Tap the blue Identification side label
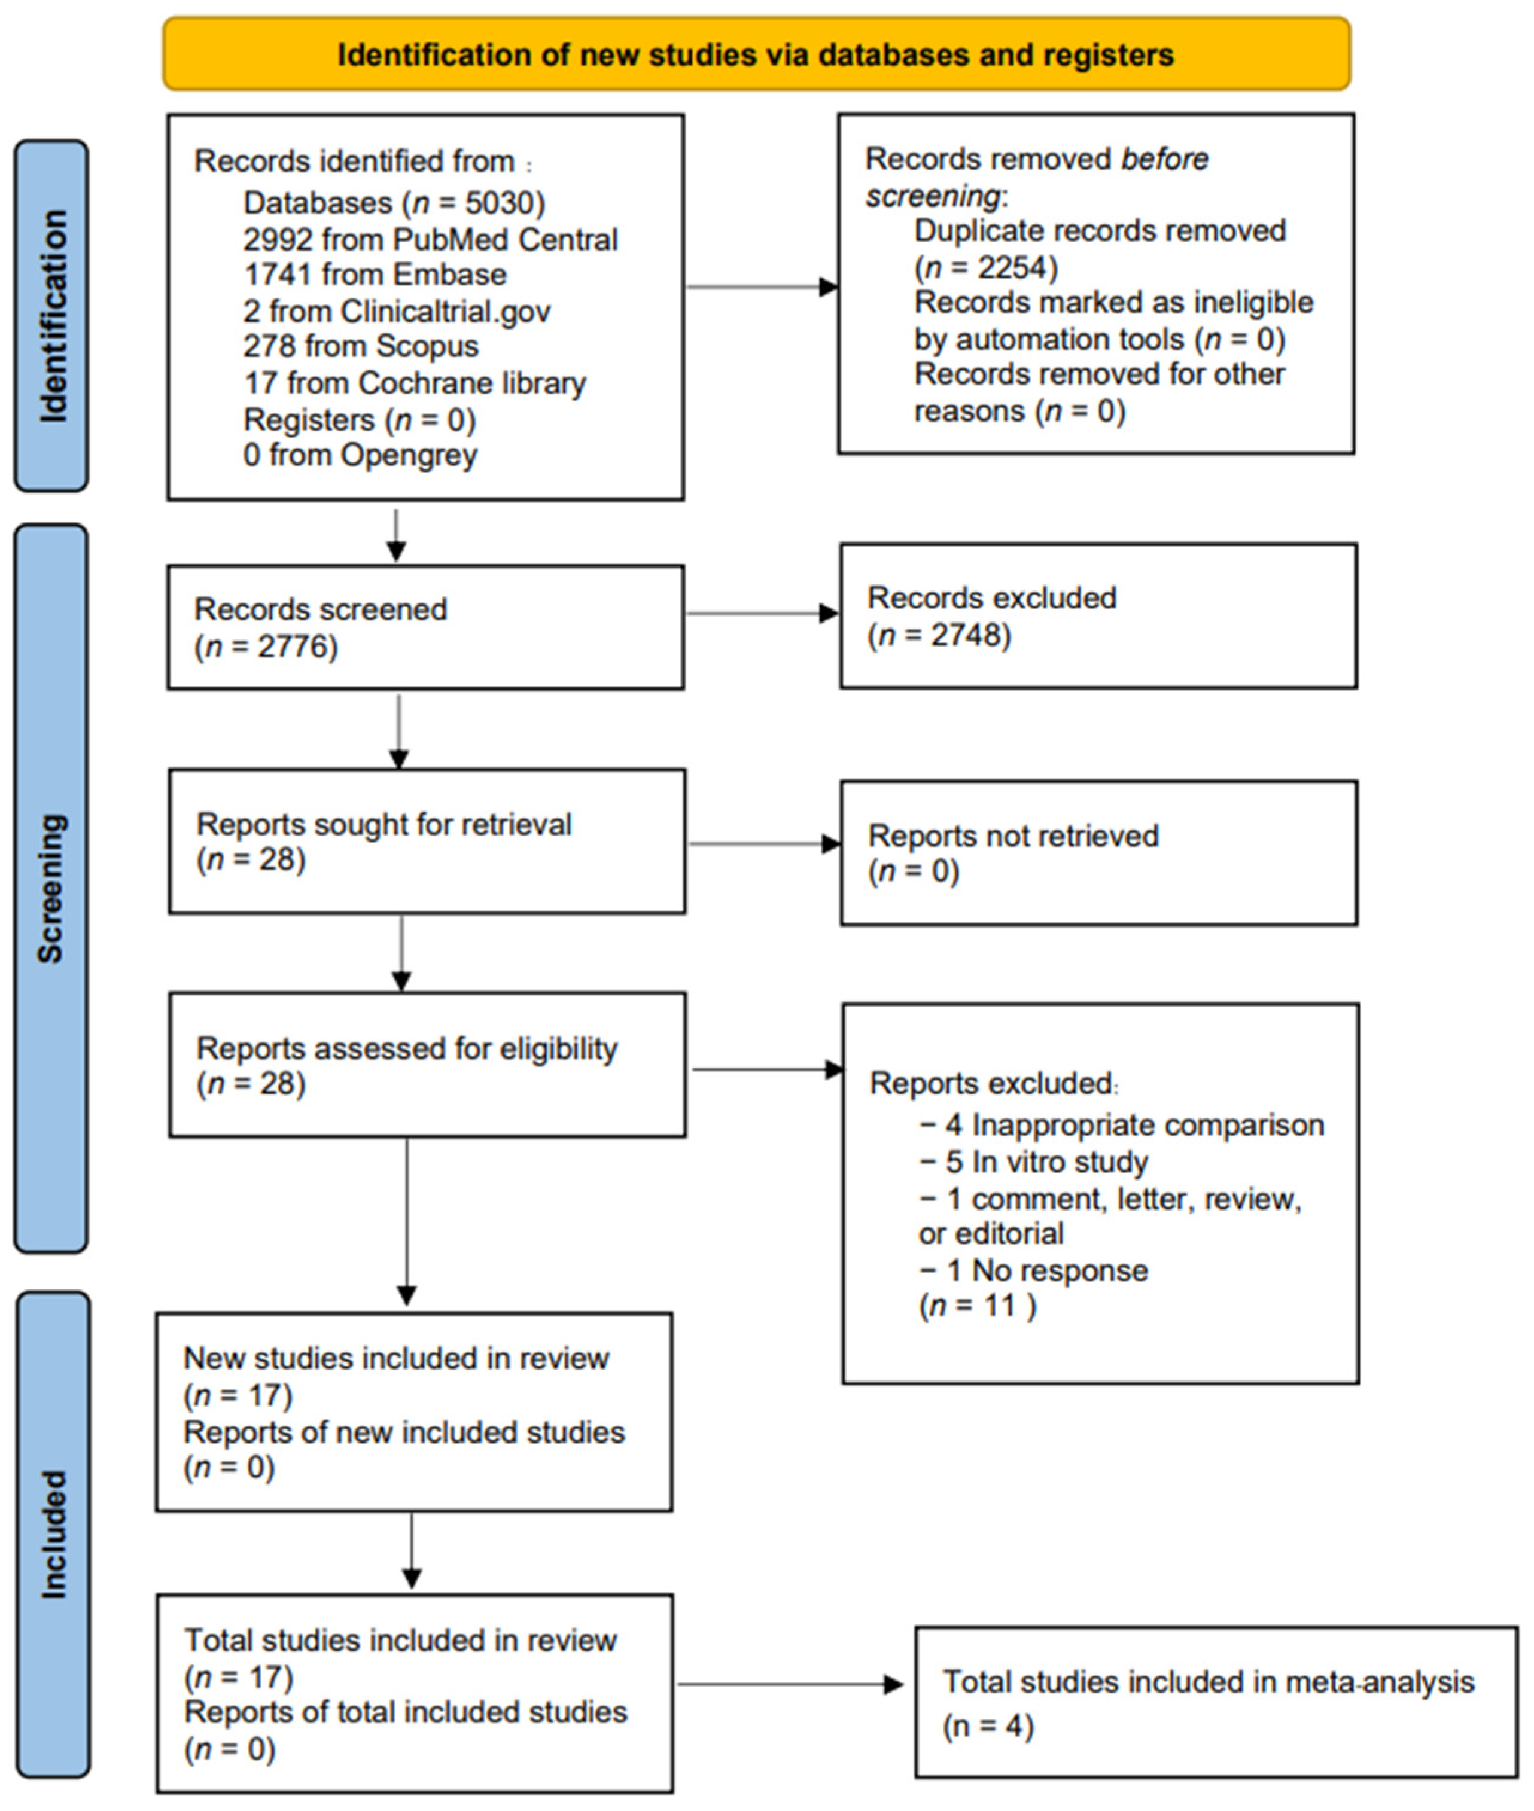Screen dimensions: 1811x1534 pos(51,316)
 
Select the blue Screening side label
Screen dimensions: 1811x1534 pos(50,888)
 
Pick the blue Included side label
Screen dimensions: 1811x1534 pos(52,1535)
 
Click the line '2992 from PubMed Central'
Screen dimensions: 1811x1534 pos(430,239)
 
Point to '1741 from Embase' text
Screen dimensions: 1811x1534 pos(375,275)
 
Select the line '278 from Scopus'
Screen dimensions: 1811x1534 pos(360,346)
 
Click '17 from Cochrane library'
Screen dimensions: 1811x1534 pos(414,383)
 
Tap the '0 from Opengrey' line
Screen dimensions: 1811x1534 pos(360,455)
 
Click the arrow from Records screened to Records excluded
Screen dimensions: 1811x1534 pos(761,614)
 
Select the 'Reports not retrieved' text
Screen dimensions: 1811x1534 pos(1013,836)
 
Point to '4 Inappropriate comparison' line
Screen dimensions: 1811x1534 pos(1122,1125)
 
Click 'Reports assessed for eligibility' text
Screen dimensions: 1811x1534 pos(407,1048)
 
